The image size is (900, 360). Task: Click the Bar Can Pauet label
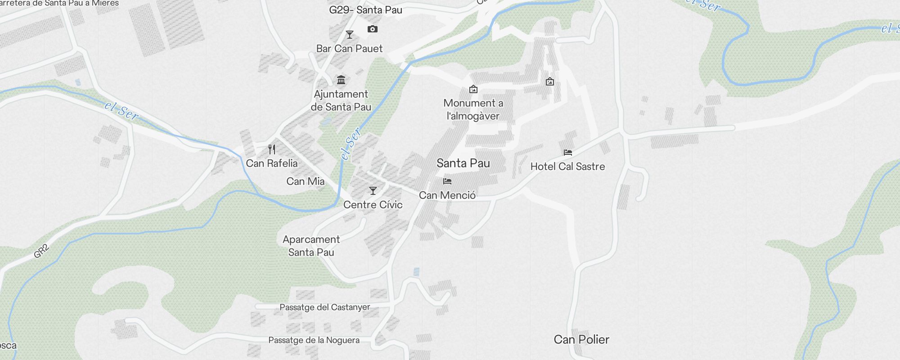point(349,49)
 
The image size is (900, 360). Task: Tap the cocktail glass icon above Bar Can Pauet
point(349,35)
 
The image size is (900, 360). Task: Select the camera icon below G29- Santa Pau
point(372,29)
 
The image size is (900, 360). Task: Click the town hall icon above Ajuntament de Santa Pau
point(341,80)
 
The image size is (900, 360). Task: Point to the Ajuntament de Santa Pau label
point(341,100)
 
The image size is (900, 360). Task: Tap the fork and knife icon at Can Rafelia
point(272,149)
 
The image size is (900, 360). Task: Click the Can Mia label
point(306,181)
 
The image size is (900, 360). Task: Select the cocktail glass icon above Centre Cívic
point(373,191)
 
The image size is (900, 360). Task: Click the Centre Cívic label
point(373,205)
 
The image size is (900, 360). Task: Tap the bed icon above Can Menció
point(447,181)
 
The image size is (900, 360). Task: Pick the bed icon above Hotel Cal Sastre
point(567,153)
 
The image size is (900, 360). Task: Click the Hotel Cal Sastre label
point(567,166)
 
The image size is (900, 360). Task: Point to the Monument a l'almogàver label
point(473,109)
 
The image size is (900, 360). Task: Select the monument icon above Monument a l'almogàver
point(473,89)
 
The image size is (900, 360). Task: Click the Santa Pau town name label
point(463,163)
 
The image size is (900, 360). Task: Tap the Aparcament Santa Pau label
point(311,246)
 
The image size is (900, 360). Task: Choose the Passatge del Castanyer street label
point(324,307)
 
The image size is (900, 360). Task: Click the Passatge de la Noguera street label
point(314,340)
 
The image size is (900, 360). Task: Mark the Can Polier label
point(581,339)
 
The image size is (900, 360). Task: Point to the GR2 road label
point(41,251)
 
